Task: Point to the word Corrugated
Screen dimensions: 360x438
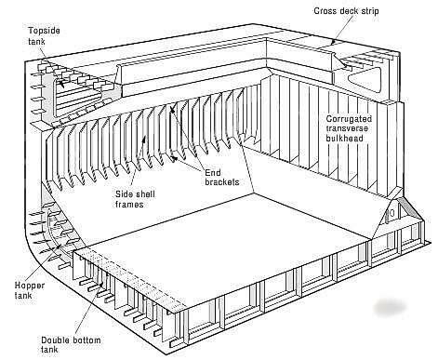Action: pos(351,120)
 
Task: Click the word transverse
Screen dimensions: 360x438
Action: pos(351,131)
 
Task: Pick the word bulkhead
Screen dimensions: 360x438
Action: pos(349,142)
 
